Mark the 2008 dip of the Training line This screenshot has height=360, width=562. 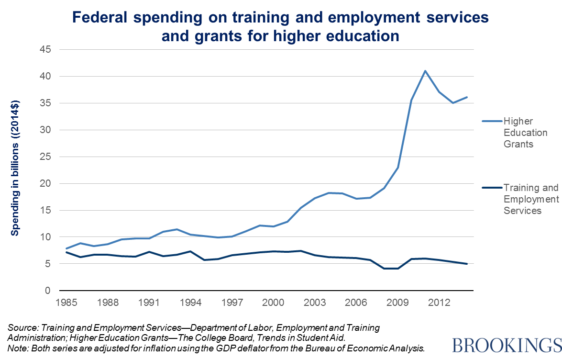coord(384,269)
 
